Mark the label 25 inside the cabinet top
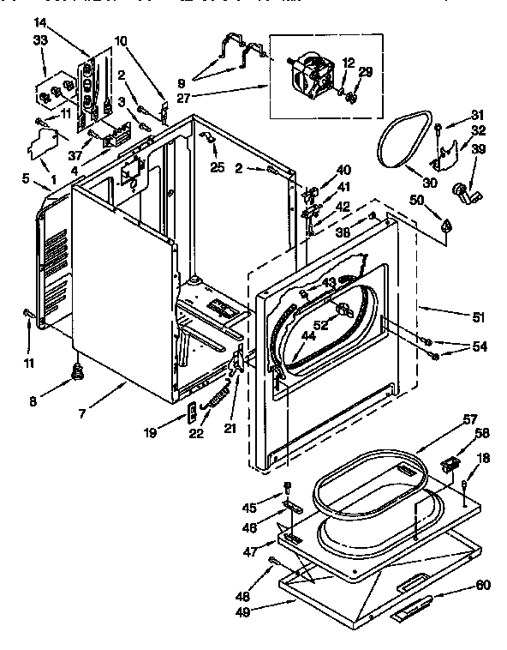pos(218,167)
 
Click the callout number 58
pos(482,433)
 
